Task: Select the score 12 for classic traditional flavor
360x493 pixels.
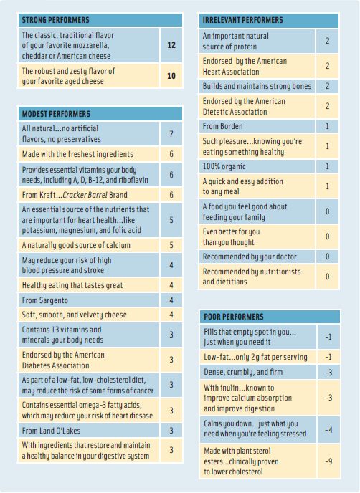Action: pyautogui.click(x=171, y=44)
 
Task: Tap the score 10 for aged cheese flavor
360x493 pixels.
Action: pyautogui.click(x=171, y=75)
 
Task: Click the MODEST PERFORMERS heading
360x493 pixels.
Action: pyautogui.click(x=56, y=113)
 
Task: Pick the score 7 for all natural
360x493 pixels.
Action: pyautogui.click(x=171, y=133)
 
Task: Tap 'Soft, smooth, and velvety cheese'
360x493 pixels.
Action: pyautogui.click(x=74, y=315)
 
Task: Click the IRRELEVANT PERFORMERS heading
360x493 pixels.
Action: pyautogui.click(x=242, y=20)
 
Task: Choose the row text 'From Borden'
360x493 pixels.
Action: pyautogui.click(x=224, y=125)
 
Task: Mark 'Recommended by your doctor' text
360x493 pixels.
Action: pyautogui.click(x=249, y=256)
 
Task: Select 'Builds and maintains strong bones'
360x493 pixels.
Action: pyautogui.click(x=257, y=86)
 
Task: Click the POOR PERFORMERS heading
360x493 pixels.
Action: pyautogui.click(x=233, y=316)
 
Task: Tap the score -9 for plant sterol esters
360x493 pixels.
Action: pyautogui.click(x=327, y=461)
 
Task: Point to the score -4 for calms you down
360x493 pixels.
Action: pyautogui.click(x=327, y=430)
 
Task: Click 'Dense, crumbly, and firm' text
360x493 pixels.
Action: pyautogui.click(x=244, y=373)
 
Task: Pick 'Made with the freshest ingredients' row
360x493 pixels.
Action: pyautogui.click(x=77, y=154)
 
